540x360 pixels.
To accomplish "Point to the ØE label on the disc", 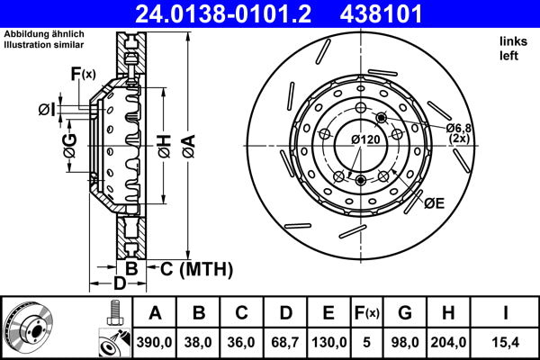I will tap(435, 204).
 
